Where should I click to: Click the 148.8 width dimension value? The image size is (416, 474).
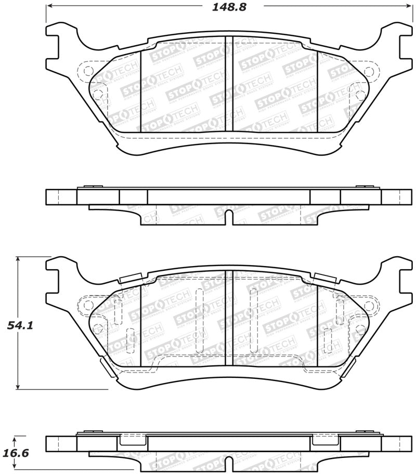click(228, 7)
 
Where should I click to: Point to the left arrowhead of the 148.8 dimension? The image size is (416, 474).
click(49, 7)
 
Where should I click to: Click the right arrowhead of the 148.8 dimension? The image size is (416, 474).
click(408, 7)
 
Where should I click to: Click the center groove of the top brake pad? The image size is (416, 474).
click(228, 83)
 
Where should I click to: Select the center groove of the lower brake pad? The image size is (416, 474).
click(228, 318)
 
